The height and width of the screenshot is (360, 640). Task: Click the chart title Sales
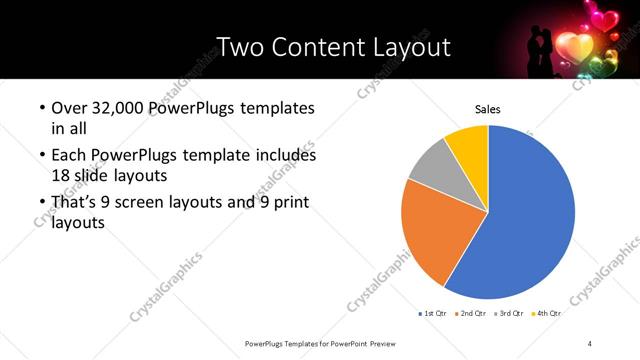coord(487,110)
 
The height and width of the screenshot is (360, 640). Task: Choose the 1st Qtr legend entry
coord(432,313)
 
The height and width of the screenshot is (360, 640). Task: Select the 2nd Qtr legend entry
coord(471,313)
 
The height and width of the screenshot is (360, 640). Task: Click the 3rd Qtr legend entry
coord(509,313)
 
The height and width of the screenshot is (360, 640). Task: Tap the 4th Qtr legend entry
coord(546,313)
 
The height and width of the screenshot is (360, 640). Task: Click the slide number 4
coord(590,343)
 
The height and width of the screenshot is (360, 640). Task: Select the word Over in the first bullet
coord(68,107)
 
